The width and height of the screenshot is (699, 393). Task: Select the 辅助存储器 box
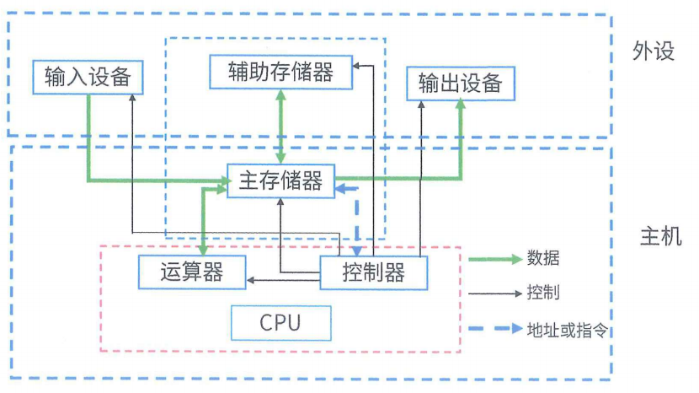coord(280,72)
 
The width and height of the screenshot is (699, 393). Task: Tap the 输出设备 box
coord(460,83)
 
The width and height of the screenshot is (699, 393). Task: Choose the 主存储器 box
coord(280,181)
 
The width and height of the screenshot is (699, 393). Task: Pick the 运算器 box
coord(191,272)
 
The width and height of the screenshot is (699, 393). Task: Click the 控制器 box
coord(374,272)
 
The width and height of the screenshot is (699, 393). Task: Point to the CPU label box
coord(280,323)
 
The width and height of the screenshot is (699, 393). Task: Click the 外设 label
coord(654,52)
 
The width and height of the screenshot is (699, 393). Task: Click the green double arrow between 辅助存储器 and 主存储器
coord(280,127)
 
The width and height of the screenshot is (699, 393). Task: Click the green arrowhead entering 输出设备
coord(461,105)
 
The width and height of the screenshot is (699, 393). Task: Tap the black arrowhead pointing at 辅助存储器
coord(357,65)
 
